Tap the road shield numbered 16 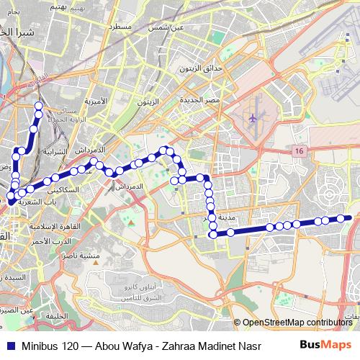coord(299,150)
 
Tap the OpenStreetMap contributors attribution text coord(297,323)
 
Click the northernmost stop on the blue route coord(38,106)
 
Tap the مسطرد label coord(117,26)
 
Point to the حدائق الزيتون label coord(202,71)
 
